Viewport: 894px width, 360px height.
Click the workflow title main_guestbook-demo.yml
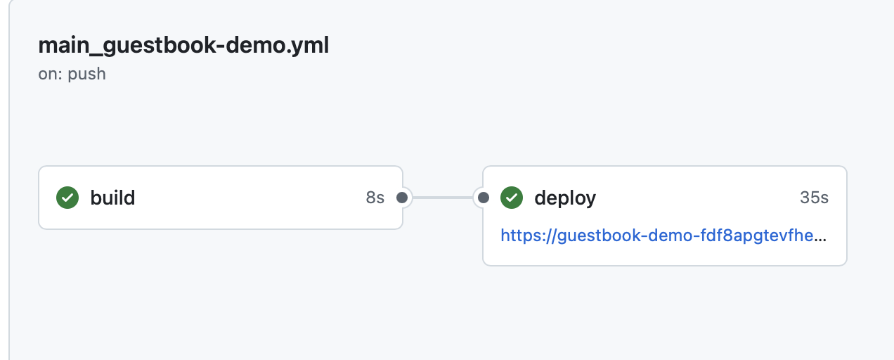(x=183, y=46)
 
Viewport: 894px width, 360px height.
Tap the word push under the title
(x=86, y=74)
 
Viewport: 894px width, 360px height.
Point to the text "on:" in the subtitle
(x=51, y=74)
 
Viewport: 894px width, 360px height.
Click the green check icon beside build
(x=67, y=198)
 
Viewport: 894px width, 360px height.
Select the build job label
(x=112, y=198)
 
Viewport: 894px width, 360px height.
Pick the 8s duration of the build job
(x=375, y=198)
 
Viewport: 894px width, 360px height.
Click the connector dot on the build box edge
(x=402, y=198)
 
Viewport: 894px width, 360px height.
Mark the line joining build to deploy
(x=443, y=198)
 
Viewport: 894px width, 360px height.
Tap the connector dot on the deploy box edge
(x=483, y=198)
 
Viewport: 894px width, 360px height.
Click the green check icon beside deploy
(x=511, y=198)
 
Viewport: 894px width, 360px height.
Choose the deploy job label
(x=565, y=198)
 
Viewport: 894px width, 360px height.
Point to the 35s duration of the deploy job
(x=814, y=198)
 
